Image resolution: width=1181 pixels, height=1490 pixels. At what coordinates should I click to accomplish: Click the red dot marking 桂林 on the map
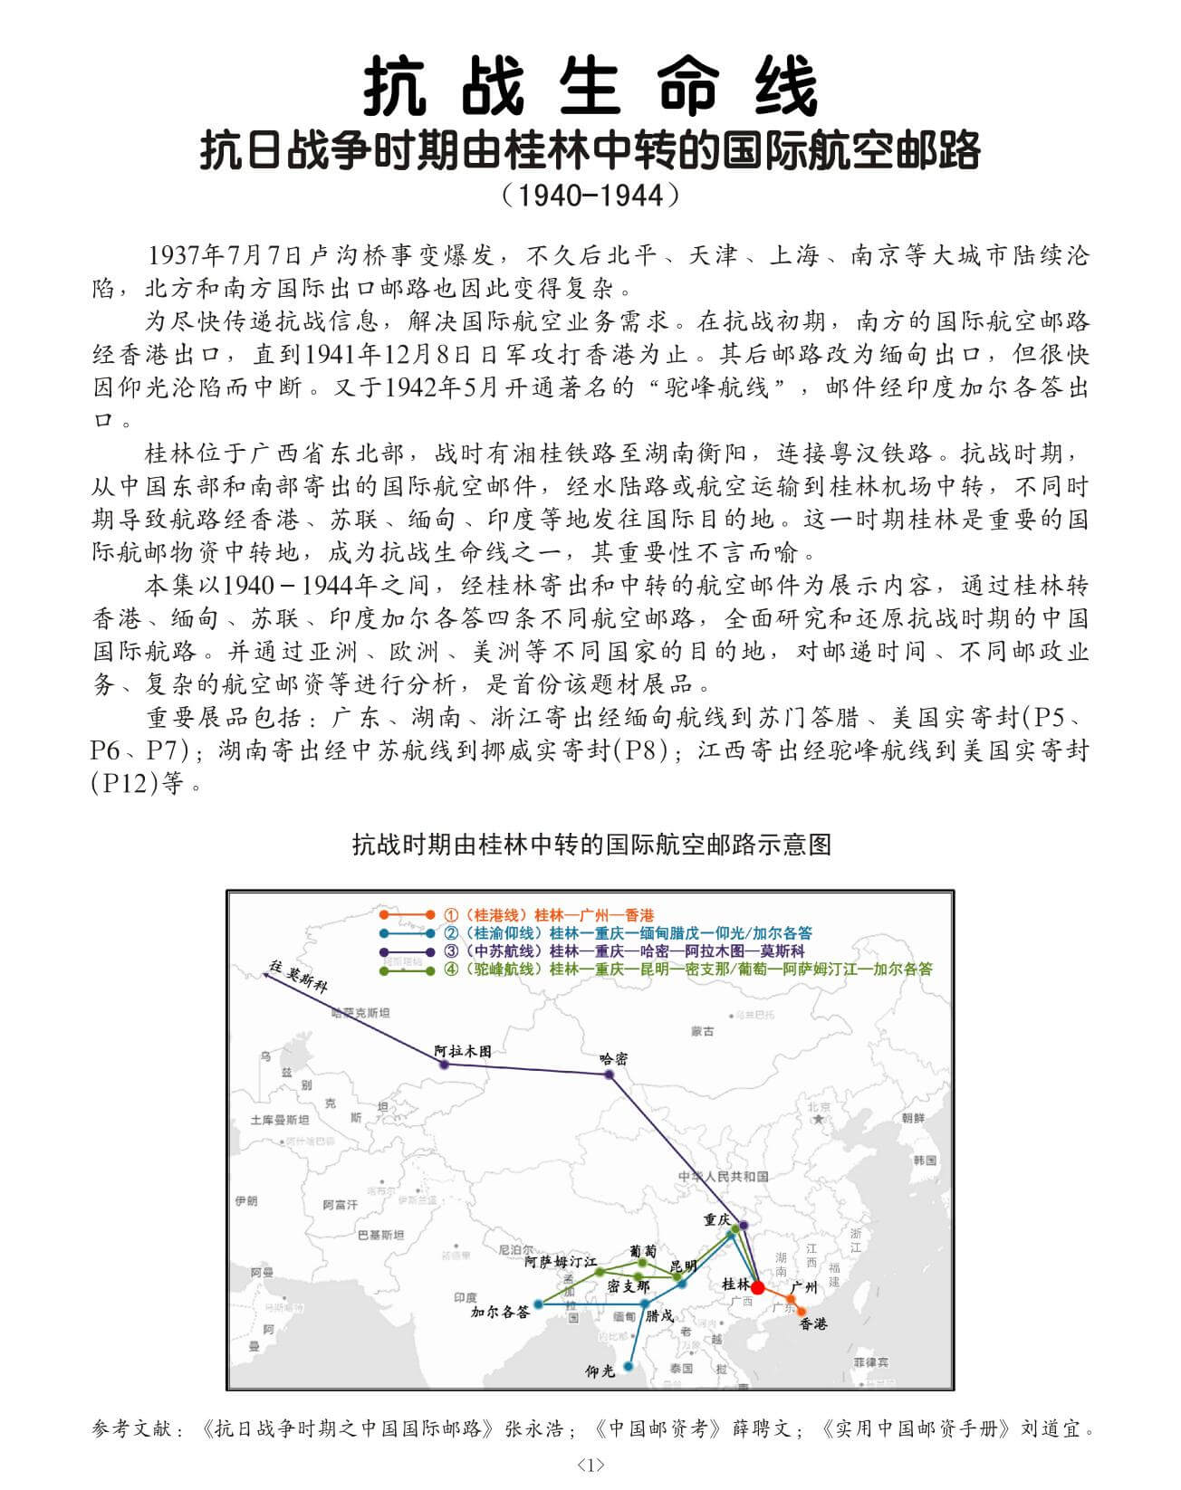757,1287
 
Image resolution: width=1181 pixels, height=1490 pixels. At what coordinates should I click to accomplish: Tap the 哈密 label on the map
614,1058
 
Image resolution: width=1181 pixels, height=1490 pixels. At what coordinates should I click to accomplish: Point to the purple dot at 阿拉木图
444,1063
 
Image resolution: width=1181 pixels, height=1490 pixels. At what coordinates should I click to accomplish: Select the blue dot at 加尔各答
538,1304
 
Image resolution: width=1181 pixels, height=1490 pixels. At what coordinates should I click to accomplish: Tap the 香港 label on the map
812,1324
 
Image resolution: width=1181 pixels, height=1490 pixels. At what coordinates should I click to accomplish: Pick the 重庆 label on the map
716,1219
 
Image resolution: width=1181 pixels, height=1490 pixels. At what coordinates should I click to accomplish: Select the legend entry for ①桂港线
549,914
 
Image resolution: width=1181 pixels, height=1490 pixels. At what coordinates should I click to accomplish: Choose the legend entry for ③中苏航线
624,950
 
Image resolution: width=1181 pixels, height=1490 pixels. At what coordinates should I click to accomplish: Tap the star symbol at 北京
819,1120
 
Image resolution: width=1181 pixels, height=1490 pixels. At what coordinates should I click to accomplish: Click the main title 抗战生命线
590,86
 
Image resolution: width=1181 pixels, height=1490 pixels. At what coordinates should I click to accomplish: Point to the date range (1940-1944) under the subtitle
590,193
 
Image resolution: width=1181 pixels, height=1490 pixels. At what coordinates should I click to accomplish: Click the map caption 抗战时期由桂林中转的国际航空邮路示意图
590,845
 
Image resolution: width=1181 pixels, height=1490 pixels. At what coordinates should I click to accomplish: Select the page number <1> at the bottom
590,1465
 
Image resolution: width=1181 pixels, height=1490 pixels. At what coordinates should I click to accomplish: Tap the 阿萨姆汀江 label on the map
561,1261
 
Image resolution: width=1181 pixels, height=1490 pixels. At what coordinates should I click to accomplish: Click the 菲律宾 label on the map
870,1361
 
